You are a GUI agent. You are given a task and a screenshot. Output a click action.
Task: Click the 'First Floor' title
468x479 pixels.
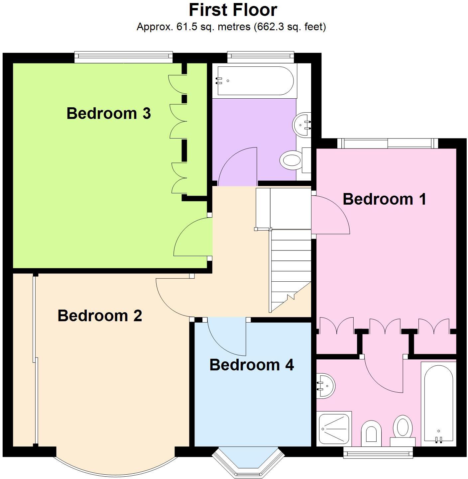[x=233, y=10]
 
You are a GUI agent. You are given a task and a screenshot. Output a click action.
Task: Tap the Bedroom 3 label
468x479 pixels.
[x=109, y=113]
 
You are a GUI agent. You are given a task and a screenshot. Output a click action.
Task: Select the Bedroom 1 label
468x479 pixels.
[x=384, y=199]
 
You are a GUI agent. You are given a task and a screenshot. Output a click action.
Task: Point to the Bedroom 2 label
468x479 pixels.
[x=100, y=316]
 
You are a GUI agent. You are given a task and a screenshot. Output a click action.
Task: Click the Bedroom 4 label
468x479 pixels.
[x=252, y=365]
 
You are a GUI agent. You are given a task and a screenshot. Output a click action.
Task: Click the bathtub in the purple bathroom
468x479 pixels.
[x=255, y=81]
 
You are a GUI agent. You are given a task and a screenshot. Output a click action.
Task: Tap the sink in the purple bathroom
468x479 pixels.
[x=302, y=125]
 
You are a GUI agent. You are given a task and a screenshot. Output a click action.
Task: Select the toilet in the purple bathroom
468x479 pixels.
[x=291, y=160]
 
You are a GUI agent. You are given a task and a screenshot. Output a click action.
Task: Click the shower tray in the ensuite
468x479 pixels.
[x=334, y=428]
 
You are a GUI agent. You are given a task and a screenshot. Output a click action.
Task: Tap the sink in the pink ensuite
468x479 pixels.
[x=325, y=386]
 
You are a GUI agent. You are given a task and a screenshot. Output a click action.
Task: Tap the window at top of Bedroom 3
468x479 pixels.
[x=123, y=57]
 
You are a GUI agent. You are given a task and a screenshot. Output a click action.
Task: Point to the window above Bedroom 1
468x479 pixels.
[x=388, y=144]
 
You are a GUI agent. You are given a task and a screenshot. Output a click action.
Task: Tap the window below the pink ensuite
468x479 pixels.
[x=378, y=452]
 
